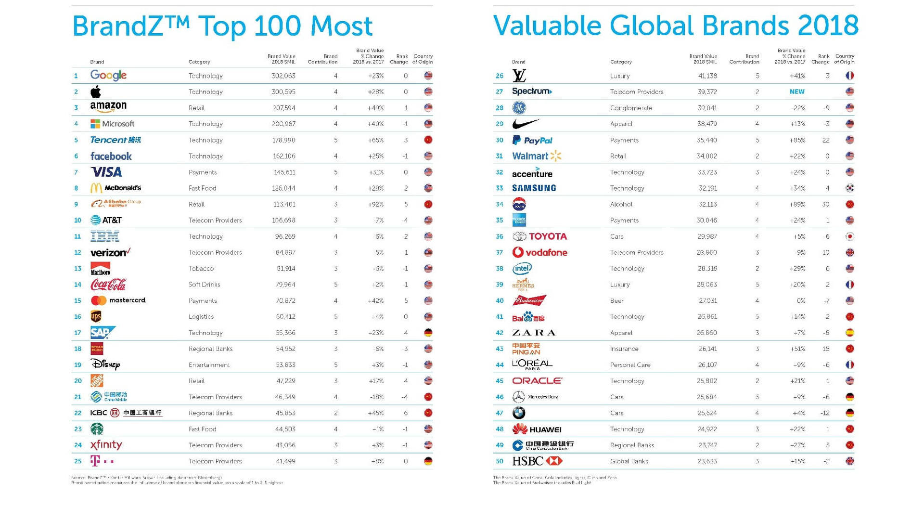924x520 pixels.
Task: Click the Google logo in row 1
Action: point(108,76)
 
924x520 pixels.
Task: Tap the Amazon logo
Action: point(108,107)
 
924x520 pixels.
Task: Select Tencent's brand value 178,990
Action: point(283,140)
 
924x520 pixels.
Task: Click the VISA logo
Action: point(106,172)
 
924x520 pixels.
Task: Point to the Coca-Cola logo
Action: point(108,285)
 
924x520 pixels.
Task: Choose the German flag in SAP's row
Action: point(428,333)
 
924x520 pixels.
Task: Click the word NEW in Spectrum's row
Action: point(796,91)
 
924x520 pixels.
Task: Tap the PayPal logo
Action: point(532,140)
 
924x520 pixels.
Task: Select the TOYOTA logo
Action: point(539,236)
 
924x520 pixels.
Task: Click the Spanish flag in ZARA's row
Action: point(849,333)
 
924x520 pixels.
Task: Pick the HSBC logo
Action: point(537,461)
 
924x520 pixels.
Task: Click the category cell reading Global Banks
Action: point(629,461)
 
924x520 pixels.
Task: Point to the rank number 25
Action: point(77,461)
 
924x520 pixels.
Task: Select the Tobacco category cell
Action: point(201,269)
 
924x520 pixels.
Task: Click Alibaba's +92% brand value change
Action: point(375,204)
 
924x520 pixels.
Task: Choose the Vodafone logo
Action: point(539,252)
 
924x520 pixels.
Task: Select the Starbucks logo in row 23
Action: point(97,429)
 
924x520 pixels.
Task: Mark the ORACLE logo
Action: point(537,381)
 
